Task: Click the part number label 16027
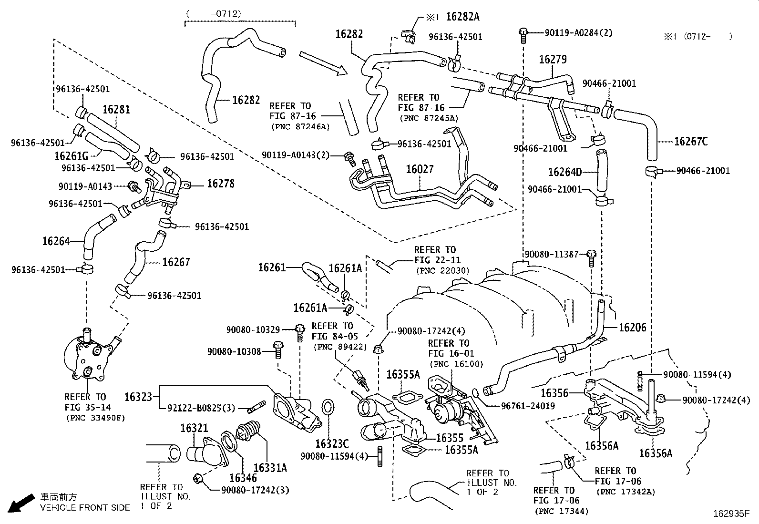click(420, 170)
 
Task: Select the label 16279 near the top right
click(553, 60)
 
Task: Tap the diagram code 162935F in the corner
click(731, 514)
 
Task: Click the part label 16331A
click(270, 468)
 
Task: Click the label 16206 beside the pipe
click(632, 327)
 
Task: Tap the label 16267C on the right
click(691, 141)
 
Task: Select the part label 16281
click(116, 109)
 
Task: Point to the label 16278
click(220, 184)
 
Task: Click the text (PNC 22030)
click(443, 270)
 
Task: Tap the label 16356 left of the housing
click(554, 393)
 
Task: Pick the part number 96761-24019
click(528, 406)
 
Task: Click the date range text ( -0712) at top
click(213, 14)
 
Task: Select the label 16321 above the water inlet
click(195, 428)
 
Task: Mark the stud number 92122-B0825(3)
click(201, 408)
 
